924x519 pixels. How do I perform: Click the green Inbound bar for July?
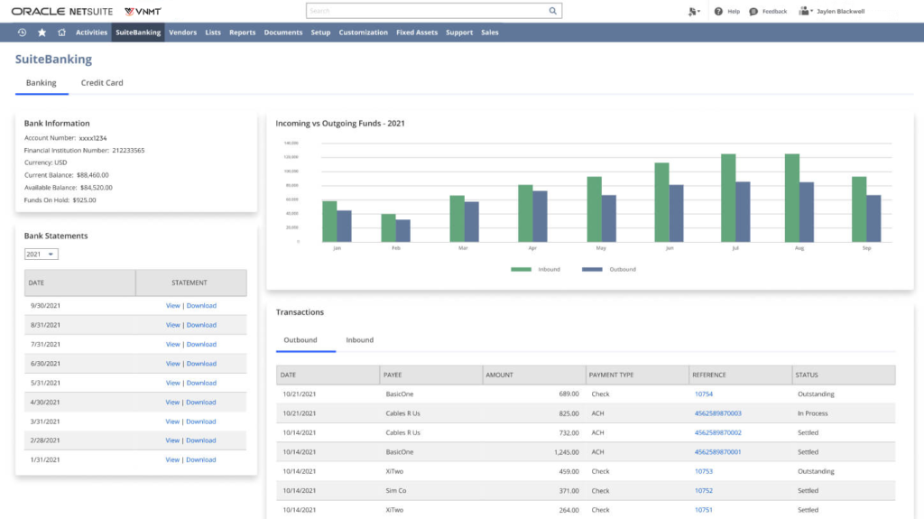pyautogui.click(x=728, y=199)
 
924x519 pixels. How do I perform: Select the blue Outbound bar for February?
pyautogui.click(x=402, y=231)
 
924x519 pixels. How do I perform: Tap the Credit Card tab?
pyautogui.click(x=102, y=83)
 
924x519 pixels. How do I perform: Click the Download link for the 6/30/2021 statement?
pyautogui.click(x=201, y=364)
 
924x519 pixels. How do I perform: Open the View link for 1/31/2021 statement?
pyautogui.click(x=172, y=460)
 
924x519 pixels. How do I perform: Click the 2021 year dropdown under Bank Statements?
pyautogui.click(x=41, y=255)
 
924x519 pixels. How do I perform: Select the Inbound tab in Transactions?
pyautogui.click(x=359, y=340)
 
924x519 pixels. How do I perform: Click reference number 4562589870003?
pyautogui.click(x=717, y=413)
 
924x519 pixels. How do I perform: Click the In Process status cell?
pyautogui.click(x=813, y=413)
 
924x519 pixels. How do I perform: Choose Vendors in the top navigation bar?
pyautogui.click(x=182, y=32)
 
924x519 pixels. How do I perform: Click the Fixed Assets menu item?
pyautogui.click(x=417, y=32)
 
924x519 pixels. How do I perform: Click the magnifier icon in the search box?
pyautogui.click(x=553, y=11)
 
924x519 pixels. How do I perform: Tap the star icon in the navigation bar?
pyautogui.click(x=42, y=32)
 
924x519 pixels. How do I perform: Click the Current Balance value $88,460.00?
pyautogui.click(x=92, y=175)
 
